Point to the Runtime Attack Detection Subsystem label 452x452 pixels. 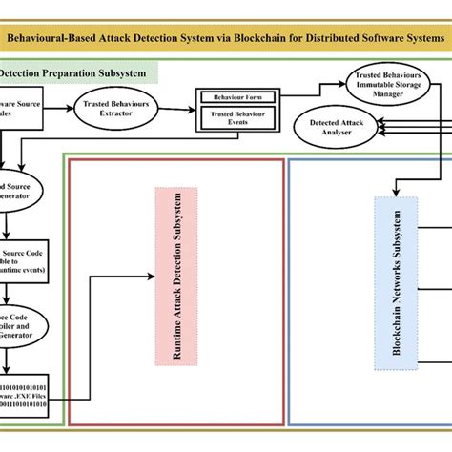[x=175, y=277]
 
